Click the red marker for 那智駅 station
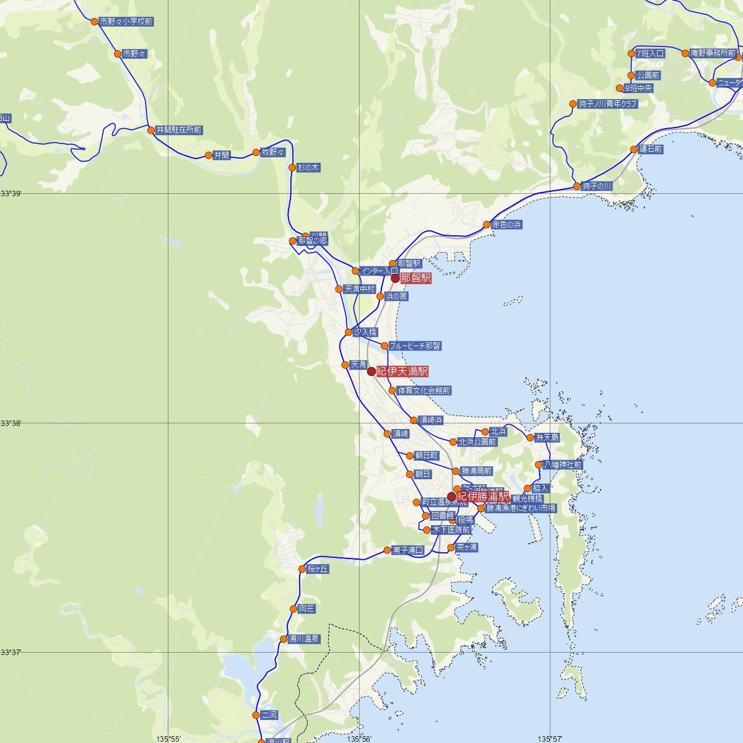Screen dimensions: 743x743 coord(395,278)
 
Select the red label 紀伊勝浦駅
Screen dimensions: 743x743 coord(483,497)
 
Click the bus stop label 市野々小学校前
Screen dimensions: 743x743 coord(126,22)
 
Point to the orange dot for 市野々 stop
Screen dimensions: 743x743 coord(118,54)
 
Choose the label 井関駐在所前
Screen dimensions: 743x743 coord(179,130)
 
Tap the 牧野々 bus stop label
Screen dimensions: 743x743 coord(272,152)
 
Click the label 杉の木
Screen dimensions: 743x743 coord(308,168)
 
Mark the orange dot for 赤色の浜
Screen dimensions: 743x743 coord(487,224)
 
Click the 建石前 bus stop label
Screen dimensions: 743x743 coord(651,149)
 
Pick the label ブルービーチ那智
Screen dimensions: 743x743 coord(415,345)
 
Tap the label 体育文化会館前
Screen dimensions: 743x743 coord(424,391)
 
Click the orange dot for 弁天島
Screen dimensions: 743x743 coord(530,437)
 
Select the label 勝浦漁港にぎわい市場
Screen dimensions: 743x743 coord(520,508)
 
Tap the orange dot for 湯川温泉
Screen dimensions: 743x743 coord(284,639)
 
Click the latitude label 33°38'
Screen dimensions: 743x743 coord(11,424)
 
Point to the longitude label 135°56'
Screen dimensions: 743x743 coord(359,739)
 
